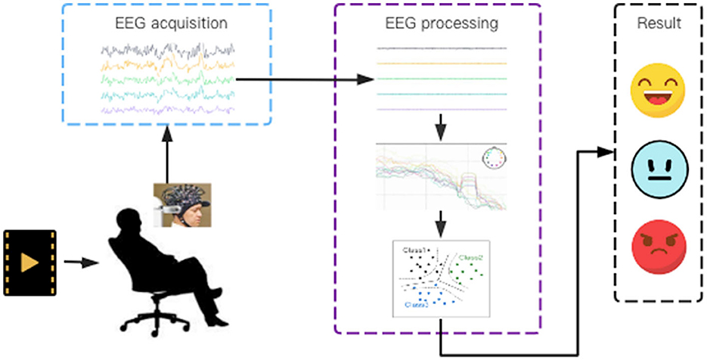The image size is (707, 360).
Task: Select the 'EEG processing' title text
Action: [x=442, y=23]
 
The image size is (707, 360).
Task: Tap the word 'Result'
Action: [x=659, y=23]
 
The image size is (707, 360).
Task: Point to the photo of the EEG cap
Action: [x=182, y=205]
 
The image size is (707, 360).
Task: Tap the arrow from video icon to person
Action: [x=82, y=263]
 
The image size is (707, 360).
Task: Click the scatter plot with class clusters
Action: [x=442, y=278]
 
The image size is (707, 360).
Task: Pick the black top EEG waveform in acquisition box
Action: [x=168, y=51]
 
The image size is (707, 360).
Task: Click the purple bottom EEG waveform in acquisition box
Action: [x=168, y=109]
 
